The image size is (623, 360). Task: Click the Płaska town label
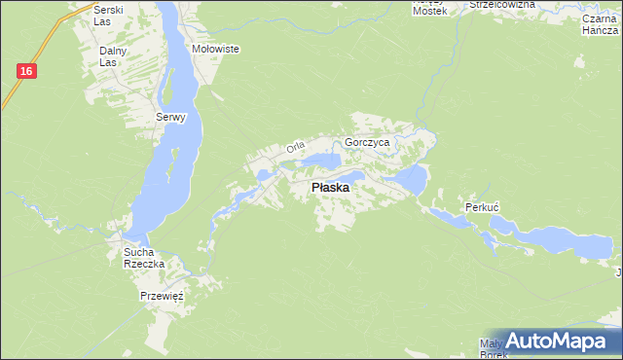(x=331, y=188)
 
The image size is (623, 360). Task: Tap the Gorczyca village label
(x=367, y=142)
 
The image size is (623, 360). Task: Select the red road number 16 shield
(x=26, y=71)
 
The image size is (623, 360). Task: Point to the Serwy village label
(x=169, y=118)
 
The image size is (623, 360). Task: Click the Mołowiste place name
(x=216, y=49)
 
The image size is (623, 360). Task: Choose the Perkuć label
(x=482, y=208)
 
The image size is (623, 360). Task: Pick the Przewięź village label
(x=162, y=295)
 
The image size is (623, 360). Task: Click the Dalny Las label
(x=114, y=56)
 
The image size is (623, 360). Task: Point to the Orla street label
(x=296, y=148)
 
